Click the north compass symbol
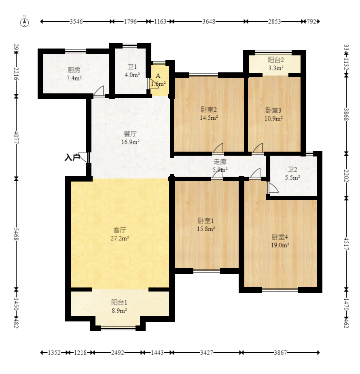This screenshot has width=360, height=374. pos(24,22)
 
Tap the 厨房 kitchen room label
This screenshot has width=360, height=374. pos(74,70)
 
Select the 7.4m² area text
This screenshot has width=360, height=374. pos(74,78)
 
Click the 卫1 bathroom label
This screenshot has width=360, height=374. pos(132,67)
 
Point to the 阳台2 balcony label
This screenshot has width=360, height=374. pos(276,60)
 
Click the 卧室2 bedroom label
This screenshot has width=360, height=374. pos(209,110)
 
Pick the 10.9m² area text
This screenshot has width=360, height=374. pos(273,118)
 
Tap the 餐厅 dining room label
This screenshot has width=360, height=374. pos(130,134)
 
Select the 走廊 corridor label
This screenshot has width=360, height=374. pos(220,162)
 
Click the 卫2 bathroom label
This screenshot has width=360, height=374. pos(292,169)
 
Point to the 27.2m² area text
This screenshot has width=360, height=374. pos(120,238)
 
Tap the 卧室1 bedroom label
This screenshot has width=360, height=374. pos(206,221)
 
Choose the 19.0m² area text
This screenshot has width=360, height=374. pos(280,245)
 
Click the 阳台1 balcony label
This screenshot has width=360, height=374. pos(119,302)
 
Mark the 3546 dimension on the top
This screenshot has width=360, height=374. pos(76,22)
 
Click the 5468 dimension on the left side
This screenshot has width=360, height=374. pos(16,234)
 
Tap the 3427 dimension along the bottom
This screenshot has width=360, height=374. pos(207,353)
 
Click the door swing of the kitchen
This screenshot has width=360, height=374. pos(99,91)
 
